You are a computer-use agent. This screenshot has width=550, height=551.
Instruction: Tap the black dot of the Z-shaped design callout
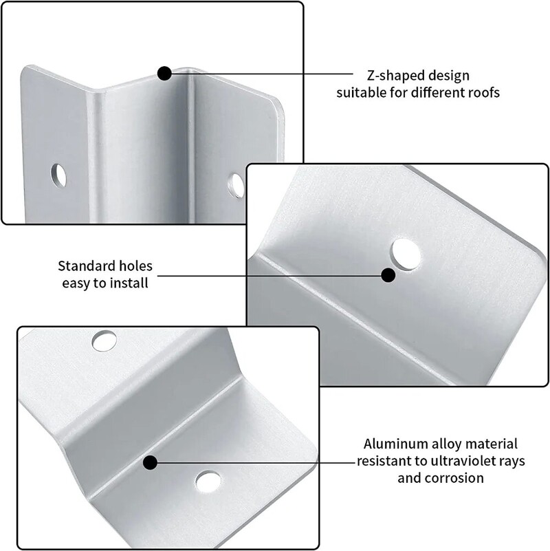(x=164, y=74)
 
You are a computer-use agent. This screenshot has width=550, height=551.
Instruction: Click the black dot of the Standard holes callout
(x=388, y=275)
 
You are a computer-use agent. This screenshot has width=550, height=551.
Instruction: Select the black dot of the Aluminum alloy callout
(x=151, y=463)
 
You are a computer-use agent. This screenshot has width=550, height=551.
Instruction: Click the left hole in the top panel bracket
(x=58, y=175)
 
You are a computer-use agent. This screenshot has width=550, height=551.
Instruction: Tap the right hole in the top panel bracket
(x=236, y=185)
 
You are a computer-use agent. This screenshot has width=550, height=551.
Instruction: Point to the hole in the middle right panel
(x=406, y=255)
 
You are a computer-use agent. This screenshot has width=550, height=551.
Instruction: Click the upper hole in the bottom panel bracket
(x=104, y=341)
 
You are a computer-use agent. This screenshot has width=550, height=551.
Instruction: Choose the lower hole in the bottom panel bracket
(x=208, y=482)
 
